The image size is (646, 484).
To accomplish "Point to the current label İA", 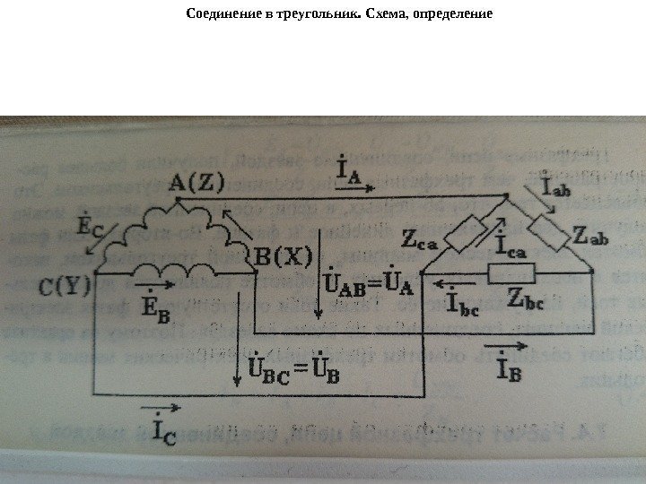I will pos(349,170).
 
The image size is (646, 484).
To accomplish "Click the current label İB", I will pos(499,365).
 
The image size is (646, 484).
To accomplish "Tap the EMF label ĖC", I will pos(90,224).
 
